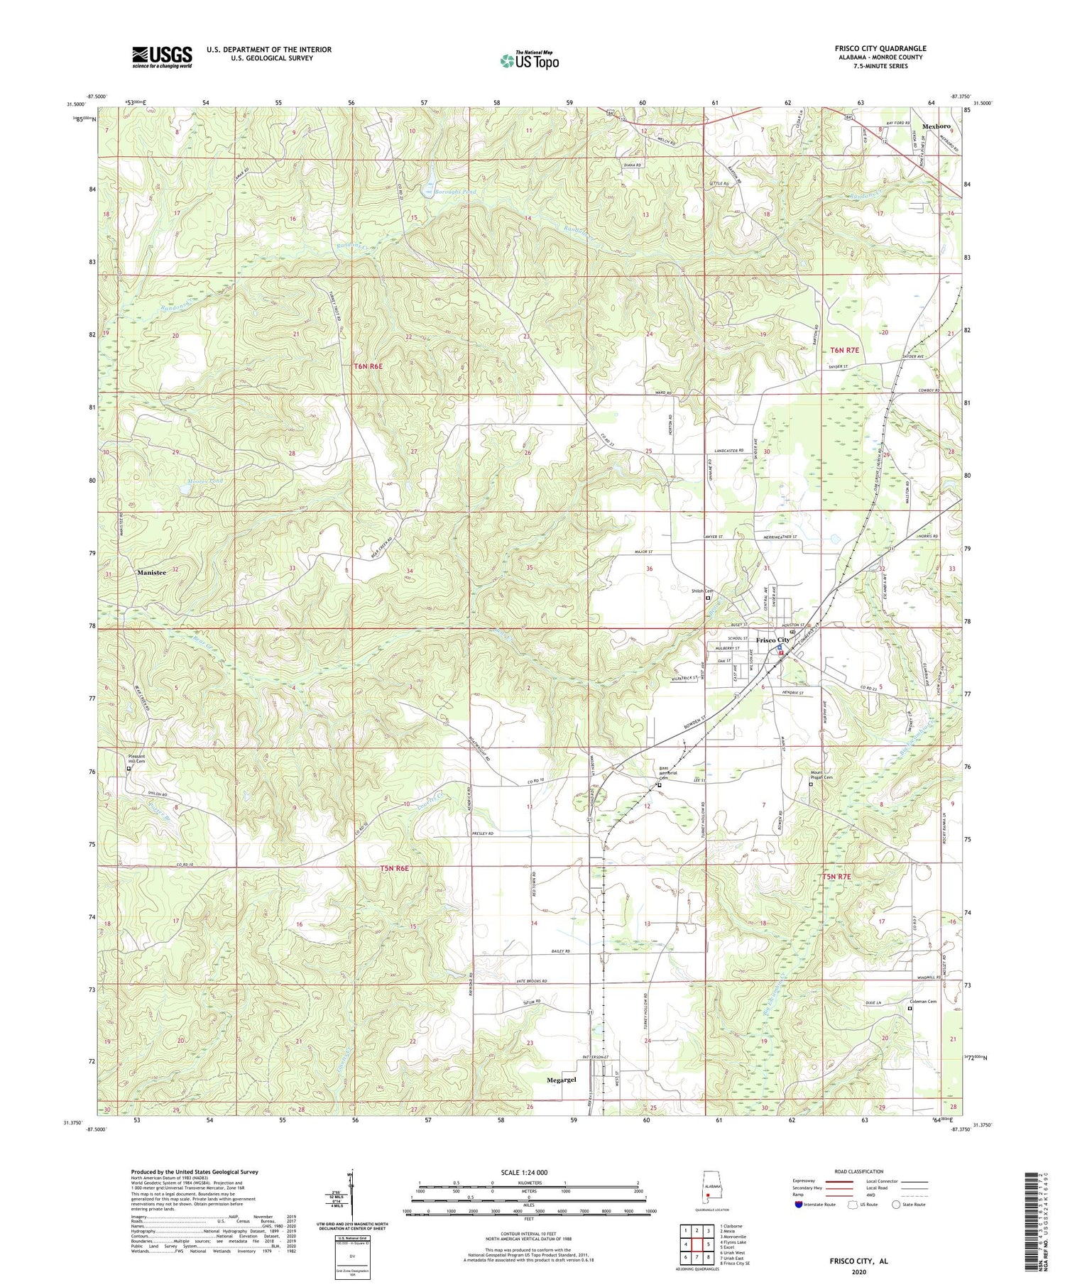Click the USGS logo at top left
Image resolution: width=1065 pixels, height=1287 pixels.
pos(162,57)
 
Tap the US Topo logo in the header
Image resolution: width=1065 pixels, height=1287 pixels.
pos(529,60)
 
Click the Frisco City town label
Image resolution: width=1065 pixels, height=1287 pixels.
pos(772,640)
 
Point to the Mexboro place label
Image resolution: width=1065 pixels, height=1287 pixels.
pos(936,126)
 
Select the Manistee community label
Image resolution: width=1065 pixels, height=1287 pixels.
pos(152,572)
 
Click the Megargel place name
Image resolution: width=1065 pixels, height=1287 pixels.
pos(561,1080)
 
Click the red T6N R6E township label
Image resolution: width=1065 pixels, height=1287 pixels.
pos(368,366)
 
